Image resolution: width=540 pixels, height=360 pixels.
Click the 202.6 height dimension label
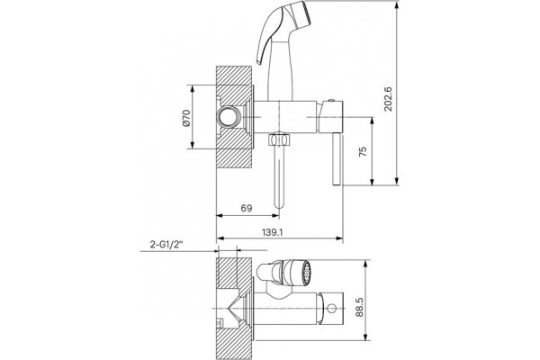click(388, 98)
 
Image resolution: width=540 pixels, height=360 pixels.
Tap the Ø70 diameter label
click(186, 118)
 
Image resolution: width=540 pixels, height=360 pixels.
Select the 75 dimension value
click(363, 151)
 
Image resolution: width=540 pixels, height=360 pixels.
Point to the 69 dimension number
click(247, 208)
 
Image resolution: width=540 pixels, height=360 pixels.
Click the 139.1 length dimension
click(272, 232)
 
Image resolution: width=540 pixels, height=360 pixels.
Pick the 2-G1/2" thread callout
click(166, 245)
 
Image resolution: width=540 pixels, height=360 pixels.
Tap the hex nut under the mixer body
click(279, 139)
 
